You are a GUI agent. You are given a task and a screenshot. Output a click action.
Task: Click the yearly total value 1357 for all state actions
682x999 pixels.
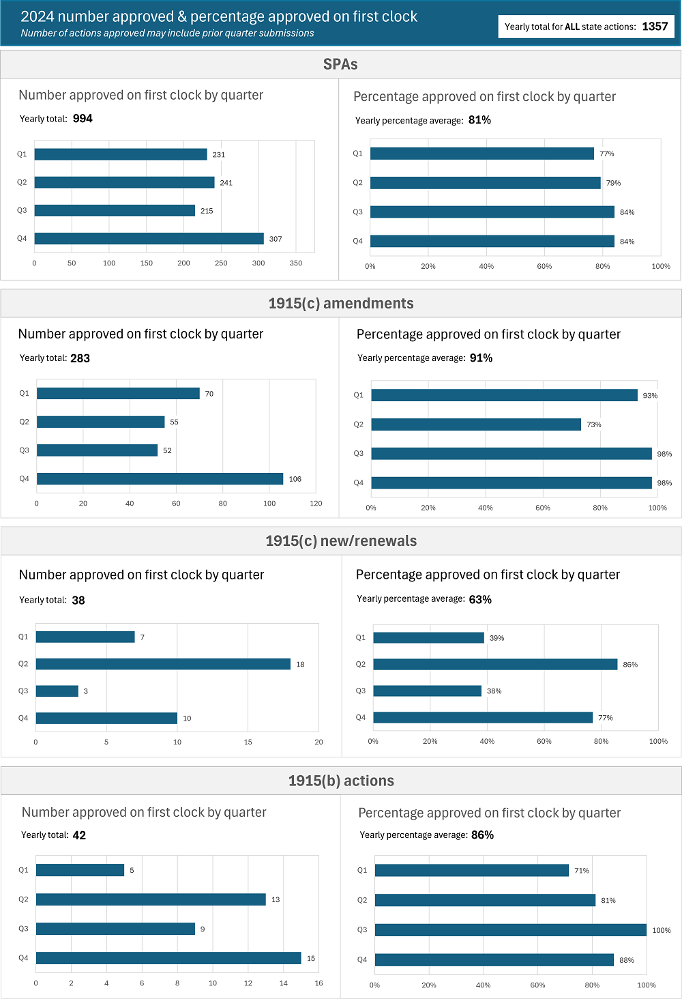click(x=655, y=27)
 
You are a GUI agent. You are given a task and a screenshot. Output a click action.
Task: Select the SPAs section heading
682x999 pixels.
click(x=340, y=64)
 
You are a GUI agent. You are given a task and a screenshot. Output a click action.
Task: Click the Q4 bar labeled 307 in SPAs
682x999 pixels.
click(x=149, y=239)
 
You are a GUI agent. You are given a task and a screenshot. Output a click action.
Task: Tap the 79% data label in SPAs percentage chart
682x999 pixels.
click(x=613, y=183)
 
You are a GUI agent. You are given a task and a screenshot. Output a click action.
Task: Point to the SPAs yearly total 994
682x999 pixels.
click(x=83, y=119)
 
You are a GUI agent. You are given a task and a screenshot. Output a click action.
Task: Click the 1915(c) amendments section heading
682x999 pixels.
click(x=340, y=304)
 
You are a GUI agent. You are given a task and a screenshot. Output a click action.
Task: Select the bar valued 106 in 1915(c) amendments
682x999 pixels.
click(x=160, y=479)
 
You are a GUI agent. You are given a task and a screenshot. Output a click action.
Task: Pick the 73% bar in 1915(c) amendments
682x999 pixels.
click(x=476, y=424)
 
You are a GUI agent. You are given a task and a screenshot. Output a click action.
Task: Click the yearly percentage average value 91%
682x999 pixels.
click(x=481, y=358)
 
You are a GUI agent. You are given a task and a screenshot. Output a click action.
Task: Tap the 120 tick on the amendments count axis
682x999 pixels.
click(x=316, y=504)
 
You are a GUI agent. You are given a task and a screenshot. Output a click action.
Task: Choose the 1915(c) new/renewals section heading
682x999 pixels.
click(x=340, y=541)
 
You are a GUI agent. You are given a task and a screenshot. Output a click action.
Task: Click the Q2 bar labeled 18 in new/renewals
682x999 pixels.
click(x=163, y=664)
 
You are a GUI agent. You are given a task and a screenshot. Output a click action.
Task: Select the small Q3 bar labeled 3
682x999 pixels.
click(x=57, y=691)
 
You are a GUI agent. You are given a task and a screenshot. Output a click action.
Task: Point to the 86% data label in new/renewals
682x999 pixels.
click(x=630, y=665)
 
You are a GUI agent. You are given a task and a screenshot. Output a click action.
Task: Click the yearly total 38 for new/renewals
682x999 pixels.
click(x=78, y=600)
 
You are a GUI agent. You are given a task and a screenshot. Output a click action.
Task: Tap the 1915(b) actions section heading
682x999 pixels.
click(x=340, y=781)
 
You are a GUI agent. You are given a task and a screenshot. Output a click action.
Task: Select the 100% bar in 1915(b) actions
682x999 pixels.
click(x=510, y=930)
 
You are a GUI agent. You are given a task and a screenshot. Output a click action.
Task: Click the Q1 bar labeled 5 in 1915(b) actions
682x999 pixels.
click(x=80, y=870)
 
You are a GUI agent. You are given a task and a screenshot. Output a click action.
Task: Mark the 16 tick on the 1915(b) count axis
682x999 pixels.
click(x=318, y=983)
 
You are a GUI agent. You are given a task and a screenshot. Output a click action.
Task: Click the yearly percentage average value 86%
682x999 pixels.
click(x=482, y=835)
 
